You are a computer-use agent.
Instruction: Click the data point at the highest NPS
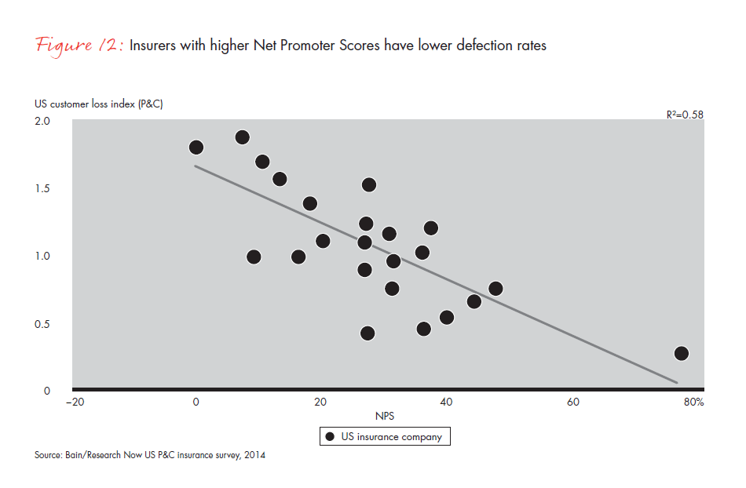[681, 353]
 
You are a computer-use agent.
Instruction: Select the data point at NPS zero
[196, 147]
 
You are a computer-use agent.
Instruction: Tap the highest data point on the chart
[242, 137]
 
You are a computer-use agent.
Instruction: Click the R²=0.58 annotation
[685, 115]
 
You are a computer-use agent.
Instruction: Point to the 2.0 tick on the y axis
[42, 121]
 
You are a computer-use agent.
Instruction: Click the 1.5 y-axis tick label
[42, 188]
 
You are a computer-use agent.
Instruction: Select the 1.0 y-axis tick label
[42, 256]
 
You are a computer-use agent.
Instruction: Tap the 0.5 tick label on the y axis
[42, 323]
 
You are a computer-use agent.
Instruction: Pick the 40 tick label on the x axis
[446, 402]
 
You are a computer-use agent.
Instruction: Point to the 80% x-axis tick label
[693, 402]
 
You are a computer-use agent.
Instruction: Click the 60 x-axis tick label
[572, 402]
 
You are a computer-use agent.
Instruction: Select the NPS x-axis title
[385, 416]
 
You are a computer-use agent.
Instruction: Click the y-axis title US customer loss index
[98, 104]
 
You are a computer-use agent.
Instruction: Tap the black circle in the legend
[331, 436]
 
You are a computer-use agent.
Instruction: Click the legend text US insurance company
[392, 437]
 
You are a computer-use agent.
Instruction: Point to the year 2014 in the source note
[254, 455]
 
